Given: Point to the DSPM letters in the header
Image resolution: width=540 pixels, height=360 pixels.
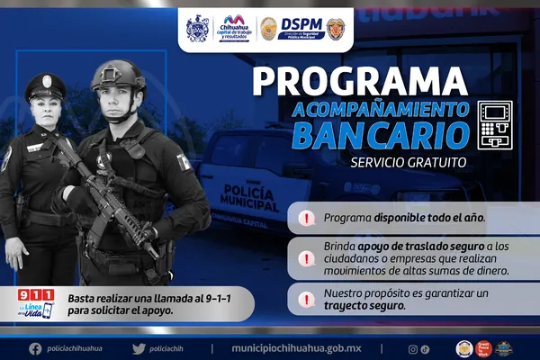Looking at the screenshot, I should click(x=301, y=23).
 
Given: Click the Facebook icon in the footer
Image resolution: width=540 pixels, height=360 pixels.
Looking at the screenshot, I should click(x=34, y=348).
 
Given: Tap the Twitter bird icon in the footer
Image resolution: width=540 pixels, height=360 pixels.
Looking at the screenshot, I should click(x=138, y=348).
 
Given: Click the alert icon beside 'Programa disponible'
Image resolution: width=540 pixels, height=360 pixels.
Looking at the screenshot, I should click(x=307, y=219).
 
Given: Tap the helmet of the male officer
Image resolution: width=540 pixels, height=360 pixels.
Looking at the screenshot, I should click(x=118, y=76).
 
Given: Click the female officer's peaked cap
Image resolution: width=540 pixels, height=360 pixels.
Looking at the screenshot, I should click(x=44, y=86).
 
